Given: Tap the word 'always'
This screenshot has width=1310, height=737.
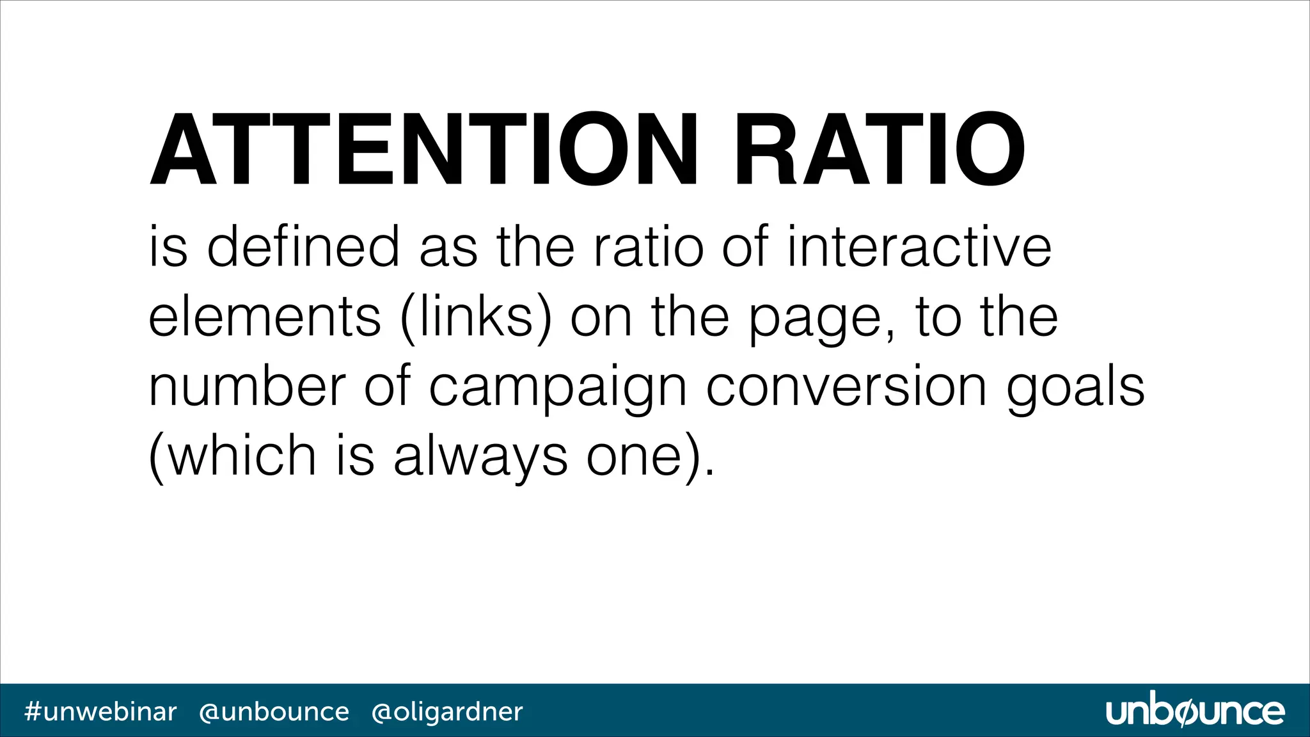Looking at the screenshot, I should pos(480,458).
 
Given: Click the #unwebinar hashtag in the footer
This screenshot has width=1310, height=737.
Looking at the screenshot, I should pos(100,711).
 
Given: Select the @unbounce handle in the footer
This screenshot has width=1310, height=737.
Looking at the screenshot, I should pos(274,711).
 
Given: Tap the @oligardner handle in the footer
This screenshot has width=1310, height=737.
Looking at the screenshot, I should pos(447,711).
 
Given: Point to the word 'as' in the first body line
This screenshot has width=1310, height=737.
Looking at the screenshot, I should pos(448,248).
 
